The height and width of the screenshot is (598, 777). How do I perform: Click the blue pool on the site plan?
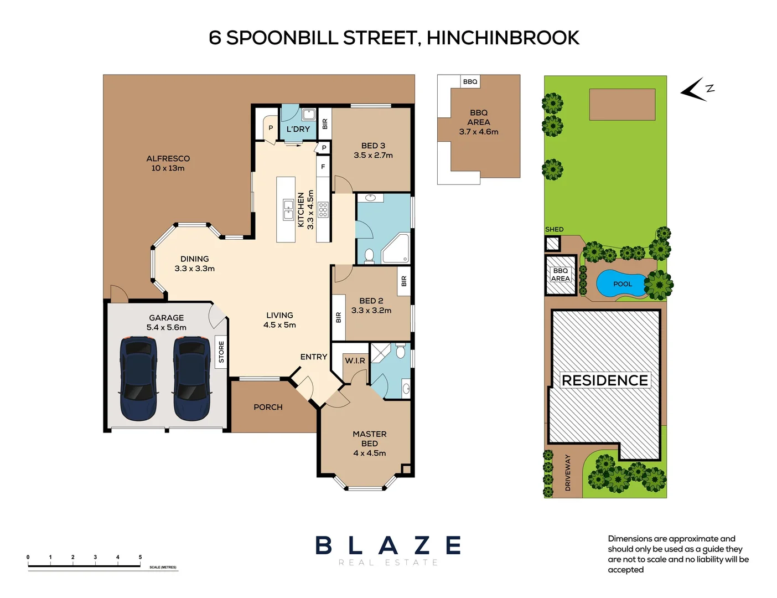[621, 283]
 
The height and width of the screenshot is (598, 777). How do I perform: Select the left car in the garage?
[138, 378]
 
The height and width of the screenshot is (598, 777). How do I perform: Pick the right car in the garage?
[191, 378]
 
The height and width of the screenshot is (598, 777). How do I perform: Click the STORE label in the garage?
[221, 352]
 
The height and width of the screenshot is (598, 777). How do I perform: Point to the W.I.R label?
[355, 360]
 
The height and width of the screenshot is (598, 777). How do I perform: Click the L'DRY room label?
[298, 129]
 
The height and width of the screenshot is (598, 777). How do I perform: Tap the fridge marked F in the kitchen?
[323, 167]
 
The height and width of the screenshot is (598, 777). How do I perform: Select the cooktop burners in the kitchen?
[323, 210]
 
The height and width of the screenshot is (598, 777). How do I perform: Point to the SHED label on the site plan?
[554, 229]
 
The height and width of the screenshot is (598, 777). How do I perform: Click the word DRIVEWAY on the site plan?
[567, 472]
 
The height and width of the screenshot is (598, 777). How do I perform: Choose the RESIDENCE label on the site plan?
[605, 380]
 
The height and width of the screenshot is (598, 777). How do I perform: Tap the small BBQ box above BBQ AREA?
[470, 81]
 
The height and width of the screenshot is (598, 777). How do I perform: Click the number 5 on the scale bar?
[140, 557]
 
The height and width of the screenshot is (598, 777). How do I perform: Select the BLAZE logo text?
[388, 545]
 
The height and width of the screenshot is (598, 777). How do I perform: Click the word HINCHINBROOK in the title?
[503, 38]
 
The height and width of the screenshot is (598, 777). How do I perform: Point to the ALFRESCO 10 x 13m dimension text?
[168, 168]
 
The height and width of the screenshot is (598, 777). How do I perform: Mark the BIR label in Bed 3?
[325, 123]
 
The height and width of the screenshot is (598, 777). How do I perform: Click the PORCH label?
[268, 407]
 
